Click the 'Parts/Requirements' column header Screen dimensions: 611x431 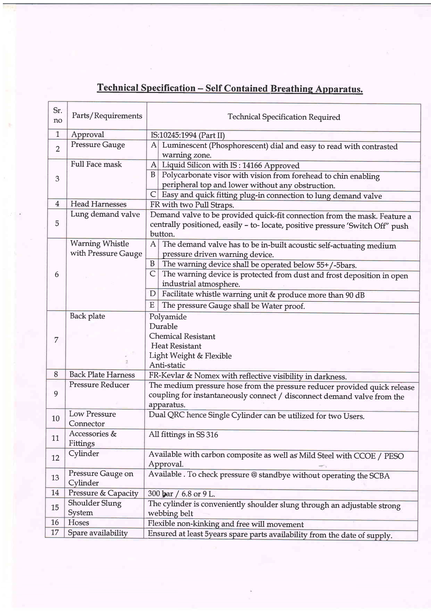click(107, 116)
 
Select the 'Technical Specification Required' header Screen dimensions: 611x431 click(284, 117)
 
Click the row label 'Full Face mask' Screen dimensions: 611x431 click(96, 164)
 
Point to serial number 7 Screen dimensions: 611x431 click(56, 340)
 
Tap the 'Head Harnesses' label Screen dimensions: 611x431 click(98, 204)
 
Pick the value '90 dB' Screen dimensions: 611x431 click(355, 296)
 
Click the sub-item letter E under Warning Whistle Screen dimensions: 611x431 click(152, 305)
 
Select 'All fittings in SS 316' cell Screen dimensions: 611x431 click(183, 434)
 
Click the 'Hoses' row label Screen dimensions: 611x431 click(79, 523)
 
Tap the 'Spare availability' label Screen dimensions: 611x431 click(98, 533)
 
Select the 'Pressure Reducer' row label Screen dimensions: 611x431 click(99, 385)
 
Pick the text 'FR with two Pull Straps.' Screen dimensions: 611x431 click(192, 205)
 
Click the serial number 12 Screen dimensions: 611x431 click(55, 458)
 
